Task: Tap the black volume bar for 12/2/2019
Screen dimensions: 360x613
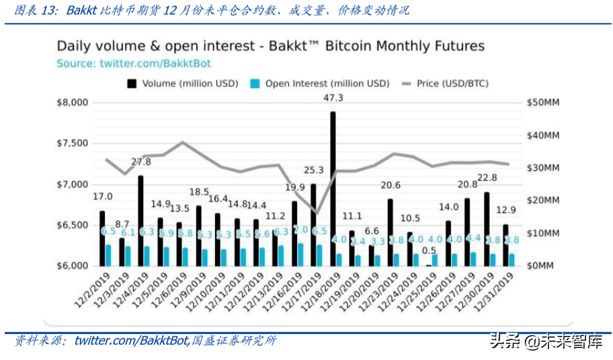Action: click(102, 238)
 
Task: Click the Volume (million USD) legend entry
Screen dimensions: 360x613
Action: click(183, 84)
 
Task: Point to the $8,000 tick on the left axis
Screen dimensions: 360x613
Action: click(71, 103)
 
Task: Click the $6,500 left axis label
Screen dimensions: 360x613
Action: click(71, 226)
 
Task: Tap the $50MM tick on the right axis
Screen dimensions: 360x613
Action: click(543, 103)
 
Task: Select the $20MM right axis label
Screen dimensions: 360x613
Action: click(543, 201)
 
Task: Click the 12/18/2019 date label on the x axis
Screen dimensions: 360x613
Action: click(321, 293)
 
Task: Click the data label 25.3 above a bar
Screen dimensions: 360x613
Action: click(313, 171)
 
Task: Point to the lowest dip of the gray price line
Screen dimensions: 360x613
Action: click(317, 214)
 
